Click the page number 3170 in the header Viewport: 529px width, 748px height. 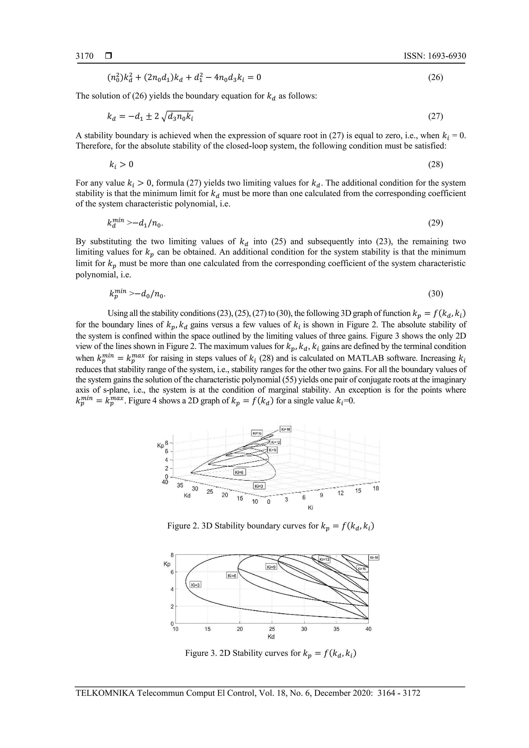[x=84, y=56]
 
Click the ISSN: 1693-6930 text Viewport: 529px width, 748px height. [x=434, y=56]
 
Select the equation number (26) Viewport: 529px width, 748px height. [x=435, y=77]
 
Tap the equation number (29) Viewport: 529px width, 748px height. [x=435, y=223]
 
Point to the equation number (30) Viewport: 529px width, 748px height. [x=435, y=294]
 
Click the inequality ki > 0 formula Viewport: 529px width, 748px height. [x=121, y=164]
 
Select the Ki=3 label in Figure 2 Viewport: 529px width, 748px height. [x=259, y=486]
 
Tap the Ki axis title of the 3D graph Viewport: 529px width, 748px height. [x=310, y=508]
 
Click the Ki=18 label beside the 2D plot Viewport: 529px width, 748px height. [x=374, y=557]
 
